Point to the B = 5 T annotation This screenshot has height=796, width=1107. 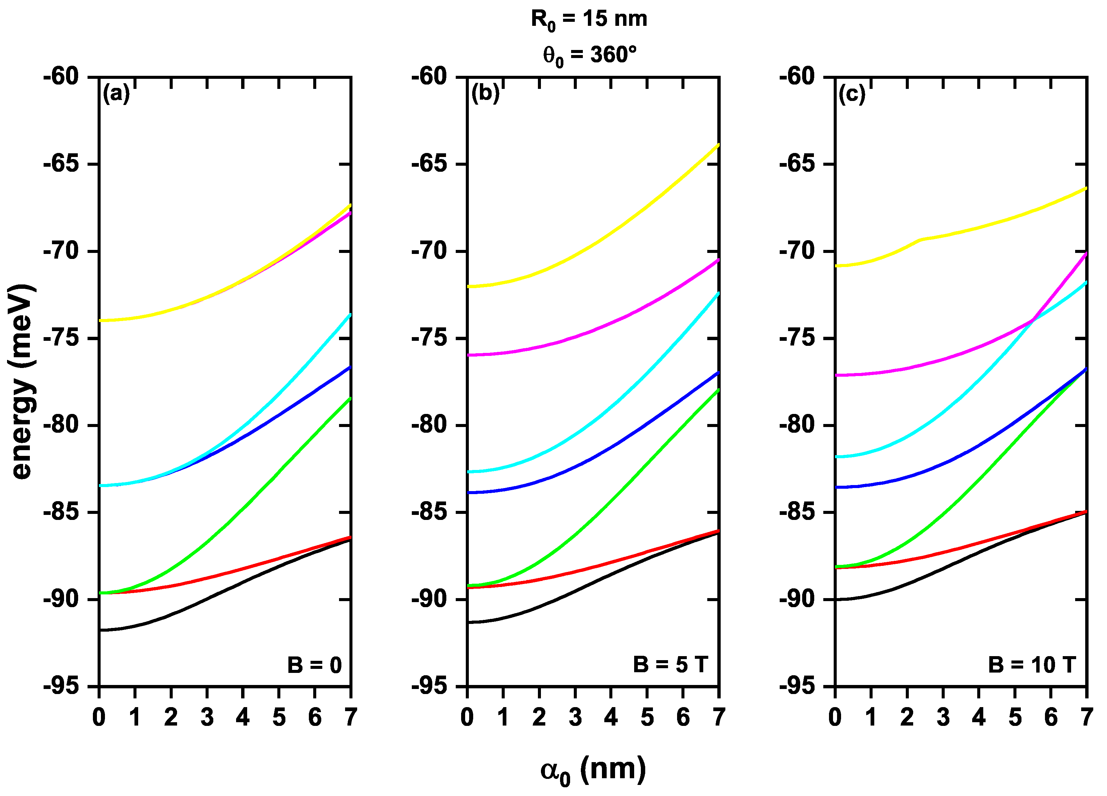click(670, 665)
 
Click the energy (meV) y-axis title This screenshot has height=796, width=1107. click(22, 381)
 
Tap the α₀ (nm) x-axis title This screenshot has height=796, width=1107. click(593, 771)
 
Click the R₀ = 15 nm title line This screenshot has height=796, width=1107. click(589, 19)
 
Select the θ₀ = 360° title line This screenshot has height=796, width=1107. click(589, 55)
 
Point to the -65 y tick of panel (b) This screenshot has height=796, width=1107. click(429, 164)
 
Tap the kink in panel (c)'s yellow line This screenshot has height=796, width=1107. click(921, 239)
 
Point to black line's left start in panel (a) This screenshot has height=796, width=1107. click(100, 630)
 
